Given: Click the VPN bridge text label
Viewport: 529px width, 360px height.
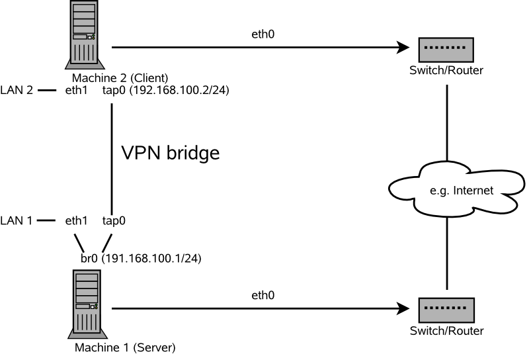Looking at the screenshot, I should (x=170, y=154).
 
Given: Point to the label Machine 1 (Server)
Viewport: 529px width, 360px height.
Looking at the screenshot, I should (x=125, y=347).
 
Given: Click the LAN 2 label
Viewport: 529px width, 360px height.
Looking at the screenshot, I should (x=17, y=90).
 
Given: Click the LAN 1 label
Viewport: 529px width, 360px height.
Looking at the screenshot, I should (x=17, y=220).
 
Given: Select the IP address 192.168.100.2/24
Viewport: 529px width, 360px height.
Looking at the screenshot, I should (x=178, y=90).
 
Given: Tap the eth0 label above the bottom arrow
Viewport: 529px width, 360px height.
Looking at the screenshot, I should (x=263, y=294).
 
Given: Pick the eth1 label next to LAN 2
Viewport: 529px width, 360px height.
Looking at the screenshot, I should (x=77, y=90).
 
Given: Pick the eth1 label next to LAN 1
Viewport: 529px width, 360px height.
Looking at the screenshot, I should (x=77, y=220).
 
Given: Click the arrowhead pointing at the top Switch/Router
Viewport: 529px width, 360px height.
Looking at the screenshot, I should (x=402, y=48).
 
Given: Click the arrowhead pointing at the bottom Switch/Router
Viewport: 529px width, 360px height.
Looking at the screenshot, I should (x=402, y=308).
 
